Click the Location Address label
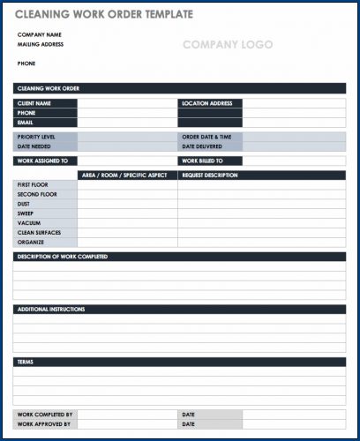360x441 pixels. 207,103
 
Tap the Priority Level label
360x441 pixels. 36,138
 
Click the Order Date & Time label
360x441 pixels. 206,138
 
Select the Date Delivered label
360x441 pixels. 204,146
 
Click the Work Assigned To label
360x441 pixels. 41,161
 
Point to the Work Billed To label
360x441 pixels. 202,161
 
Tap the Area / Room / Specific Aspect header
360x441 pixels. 124,176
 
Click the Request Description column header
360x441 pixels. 210,176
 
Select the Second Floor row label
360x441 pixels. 37,194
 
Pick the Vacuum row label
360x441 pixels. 29,223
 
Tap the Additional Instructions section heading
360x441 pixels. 51,310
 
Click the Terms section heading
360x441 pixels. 26,363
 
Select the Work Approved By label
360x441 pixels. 44,424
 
